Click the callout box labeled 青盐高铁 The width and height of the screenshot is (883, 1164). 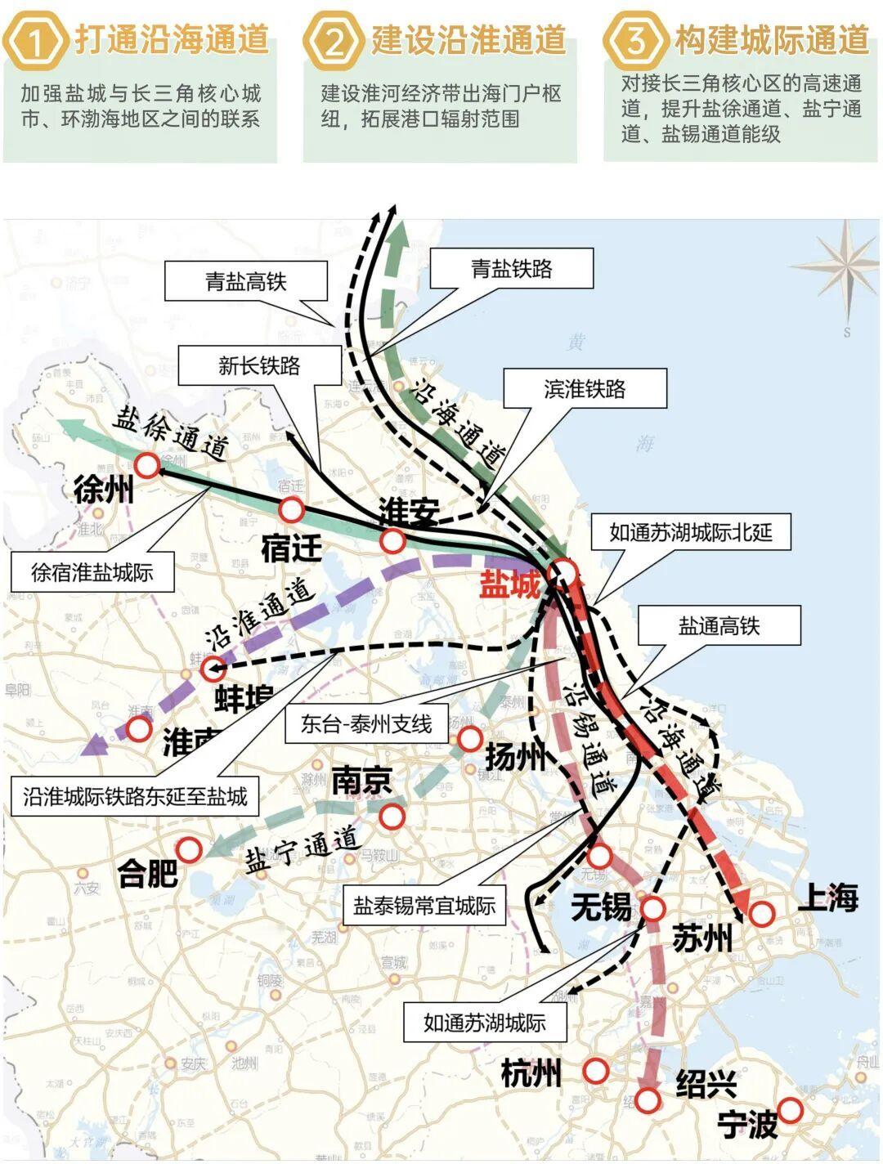[245, 282]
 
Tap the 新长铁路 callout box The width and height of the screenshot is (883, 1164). [259, 365]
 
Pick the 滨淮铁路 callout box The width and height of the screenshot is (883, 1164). [585, 388]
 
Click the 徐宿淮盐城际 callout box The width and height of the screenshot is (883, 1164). [92, 571]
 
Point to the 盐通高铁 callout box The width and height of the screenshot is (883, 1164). [719, 626]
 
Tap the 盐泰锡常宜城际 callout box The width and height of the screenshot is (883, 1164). [424, 906]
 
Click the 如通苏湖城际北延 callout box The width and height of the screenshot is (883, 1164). [690, 533]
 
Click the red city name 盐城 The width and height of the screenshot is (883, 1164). [510, 585]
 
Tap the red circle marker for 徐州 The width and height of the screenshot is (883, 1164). [148, 465]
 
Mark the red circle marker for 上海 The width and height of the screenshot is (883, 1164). [762, 913]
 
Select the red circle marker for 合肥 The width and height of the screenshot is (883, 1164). [190, 850]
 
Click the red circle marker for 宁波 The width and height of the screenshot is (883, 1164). [790, 1110]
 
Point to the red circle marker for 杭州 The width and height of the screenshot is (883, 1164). [596, 1071]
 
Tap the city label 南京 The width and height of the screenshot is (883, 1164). [361, 781]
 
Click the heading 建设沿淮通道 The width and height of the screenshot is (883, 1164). [468, 39]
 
